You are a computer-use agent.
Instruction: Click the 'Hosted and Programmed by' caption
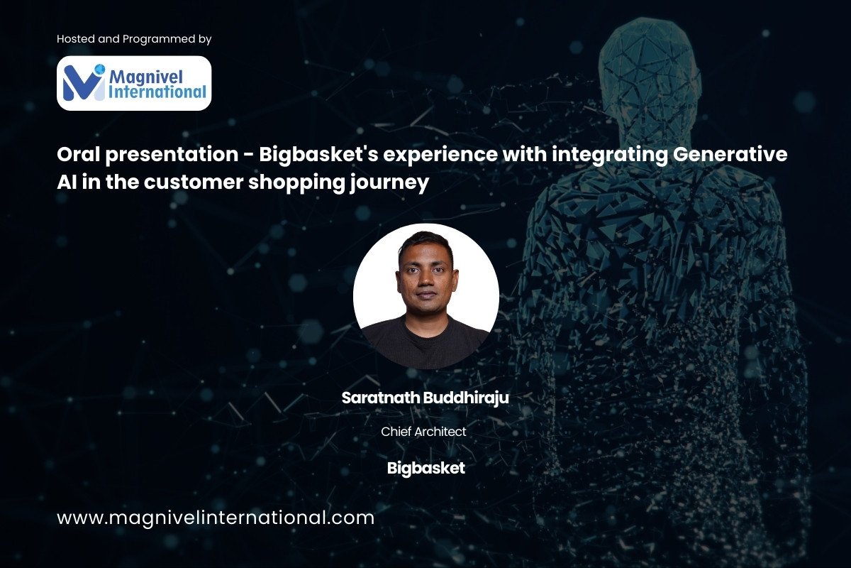[134, 39]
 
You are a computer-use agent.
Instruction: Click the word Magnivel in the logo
[146, 77]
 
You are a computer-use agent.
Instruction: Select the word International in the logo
[157, 92]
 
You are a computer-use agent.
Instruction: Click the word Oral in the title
[79, 154]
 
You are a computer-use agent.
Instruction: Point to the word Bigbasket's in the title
[318, 155]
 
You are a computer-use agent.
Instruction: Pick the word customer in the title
[194, 182]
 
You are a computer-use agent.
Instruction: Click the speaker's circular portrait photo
[426, 296]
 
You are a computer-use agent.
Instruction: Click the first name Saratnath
[381, 398]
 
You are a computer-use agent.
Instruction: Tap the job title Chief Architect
[423, 432]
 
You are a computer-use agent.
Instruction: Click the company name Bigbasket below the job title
[426, 469]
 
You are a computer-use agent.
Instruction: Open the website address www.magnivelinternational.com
[216, 518]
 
